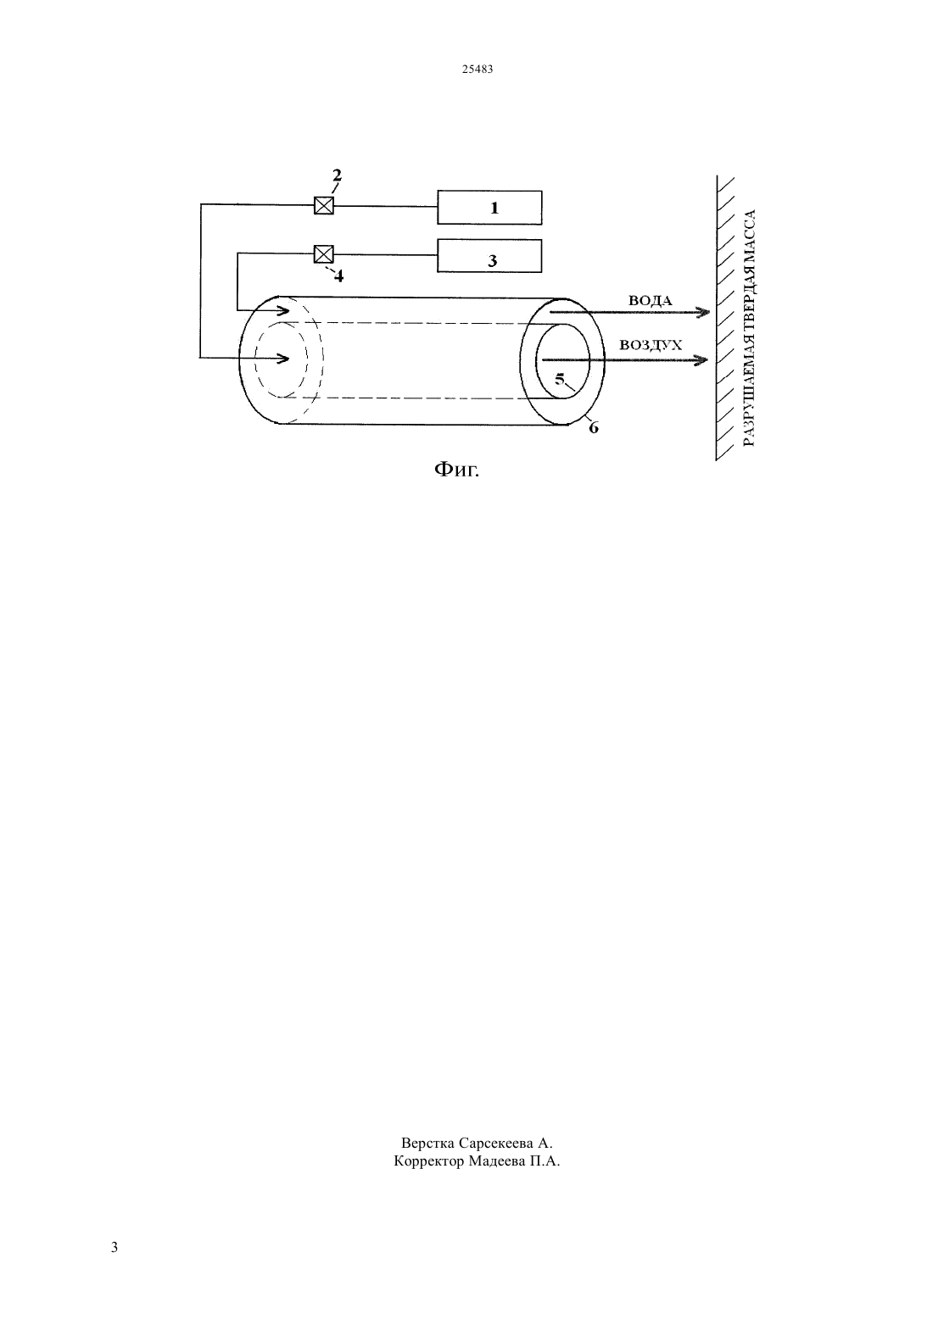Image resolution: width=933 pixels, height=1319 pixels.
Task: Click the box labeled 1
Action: click(x=489, y=208)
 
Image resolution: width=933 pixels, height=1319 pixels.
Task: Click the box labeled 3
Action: click(x=489, y=255)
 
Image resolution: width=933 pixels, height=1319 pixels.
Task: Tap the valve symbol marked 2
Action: click(x=324, y=205)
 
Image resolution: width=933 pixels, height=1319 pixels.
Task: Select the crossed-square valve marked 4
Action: click(x=324, y=253)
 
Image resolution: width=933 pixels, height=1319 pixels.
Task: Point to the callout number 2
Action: click(x=337, y=175)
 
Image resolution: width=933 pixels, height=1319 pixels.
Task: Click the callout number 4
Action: click(x=338, y=275)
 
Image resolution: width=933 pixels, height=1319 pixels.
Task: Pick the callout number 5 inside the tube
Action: click(x=559, y=379)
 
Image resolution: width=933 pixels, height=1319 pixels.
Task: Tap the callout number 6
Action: click(x=594, y=428)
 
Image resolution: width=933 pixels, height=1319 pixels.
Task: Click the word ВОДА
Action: click(x=651, y=301)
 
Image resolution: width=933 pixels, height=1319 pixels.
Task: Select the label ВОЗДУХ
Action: click(x=651, y=345)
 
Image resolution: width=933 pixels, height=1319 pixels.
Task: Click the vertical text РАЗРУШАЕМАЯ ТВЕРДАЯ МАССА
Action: click(x=749, y=328)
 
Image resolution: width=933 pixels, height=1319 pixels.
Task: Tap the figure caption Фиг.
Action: click(x=456, y=470)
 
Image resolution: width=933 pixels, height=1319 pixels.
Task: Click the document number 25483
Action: click(x=478, y=70)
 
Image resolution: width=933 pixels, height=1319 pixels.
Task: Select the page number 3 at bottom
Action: click(x=115, y=1247)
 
